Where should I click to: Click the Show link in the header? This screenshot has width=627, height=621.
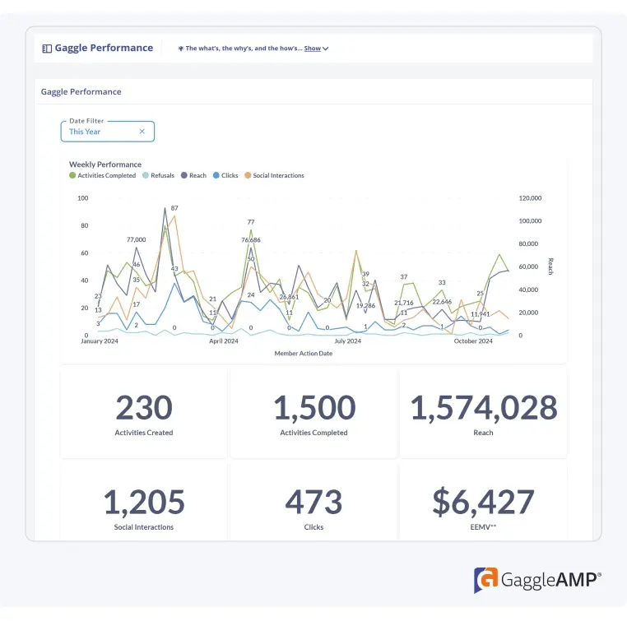(313, 49)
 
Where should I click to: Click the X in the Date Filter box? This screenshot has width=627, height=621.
(142, 132)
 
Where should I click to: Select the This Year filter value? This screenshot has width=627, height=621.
(86, 132)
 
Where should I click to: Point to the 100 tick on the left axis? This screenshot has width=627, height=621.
(82, 198)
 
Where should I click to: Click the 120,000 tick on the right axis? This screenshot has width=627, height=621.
(530, 198)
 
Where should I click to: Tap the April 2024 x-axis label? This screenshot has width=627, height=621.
(223, 341)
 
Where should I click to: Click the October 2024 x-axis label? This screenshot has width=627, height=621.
(474, 341)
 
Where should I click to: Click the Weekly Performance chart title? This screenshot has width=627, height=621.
(105, 165)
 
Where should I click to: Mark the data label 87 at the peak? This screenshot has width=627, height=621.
(174, 208)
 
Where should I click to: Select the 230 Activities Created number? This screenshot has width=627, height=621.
(144, 408)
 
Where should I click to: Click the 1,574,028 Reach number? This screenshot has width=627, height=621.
(484, 408)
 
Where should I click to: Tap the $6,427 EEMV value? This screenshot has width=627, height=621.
(484, 502)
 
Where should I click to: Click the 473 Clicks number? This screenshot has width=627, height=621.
(313, 502)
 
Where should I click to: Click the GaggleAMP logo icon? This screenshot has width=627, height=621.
(485, 580)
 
